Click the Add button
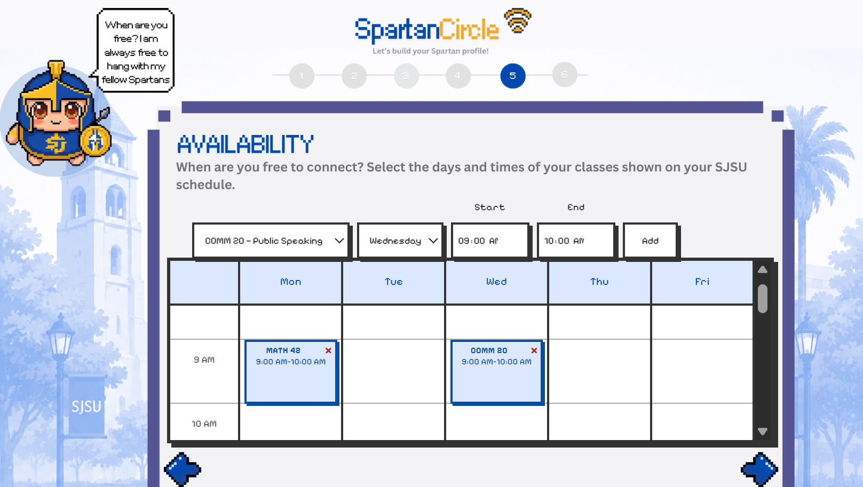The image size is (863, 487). click(651, 241)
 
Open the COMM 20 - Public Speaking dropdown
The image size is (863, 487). click(271, 241)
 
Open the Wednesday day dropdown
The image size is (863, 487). click(400, 241)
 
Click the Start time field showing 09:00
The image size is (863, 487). click(490, 241)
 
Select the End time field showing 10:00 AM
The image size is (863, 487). click(576, 241)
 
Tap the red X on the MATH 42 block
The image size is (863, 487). click(328, 350)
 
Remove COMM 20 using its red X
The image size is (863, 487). click(534, 350)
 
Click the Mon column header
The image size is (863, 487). click(290, 282)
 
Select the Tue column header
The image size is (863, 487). click(393, 282)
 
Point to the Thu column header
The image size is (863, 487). click(599, 282)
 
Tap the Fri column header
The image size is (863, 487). click(702, 282)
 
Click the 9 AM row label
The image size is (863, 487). click(204, 360)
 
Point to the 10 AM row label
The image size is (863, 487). click(204, 424)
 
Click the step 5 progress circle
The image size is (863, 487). click(513, 76)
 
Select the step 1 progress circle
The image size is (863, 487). click(302, 76)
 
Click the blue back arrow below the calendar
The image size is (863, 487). click(183, 469)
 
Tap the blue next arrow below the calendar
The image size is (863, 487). click(759, 469)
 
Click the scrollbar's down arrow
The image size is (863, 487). click(763, 431)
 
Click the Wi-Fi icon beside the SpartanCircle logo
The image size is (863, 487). click(517, 21)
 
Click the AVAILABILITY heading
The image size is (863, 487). click(245, 145)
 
